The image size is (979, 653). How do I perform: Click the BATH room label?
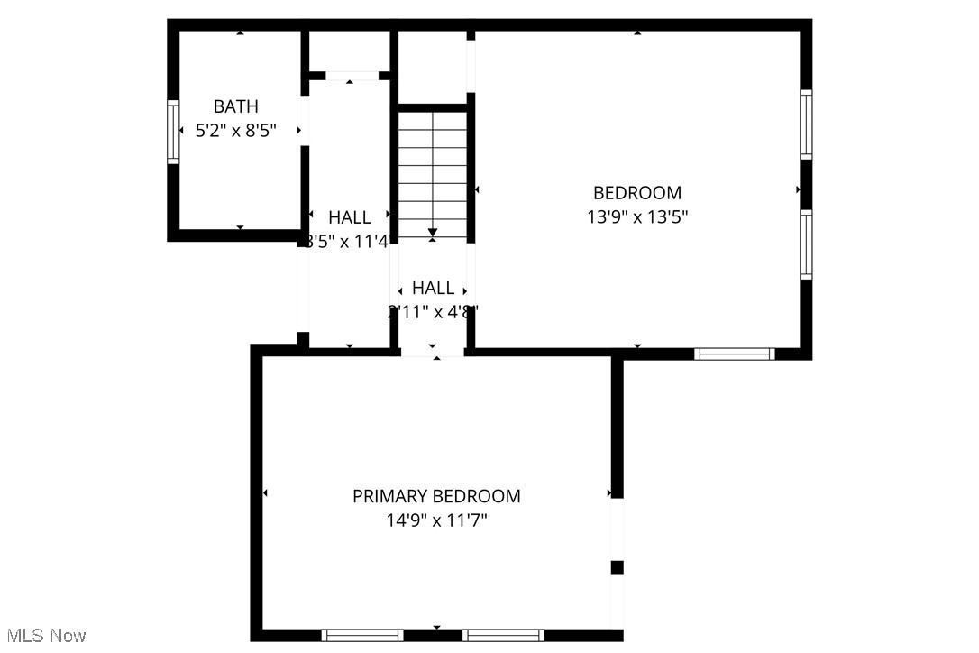[235, 107]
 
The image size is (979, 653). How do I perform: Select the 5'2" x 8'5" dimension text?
[235, 131]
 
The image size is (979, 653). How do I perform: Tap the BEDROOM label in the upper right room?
[636, 193]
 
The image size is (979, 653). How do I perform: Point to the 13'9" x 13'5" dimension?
[636, 216]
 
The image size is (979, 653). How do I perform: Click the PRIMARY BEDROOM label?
[436, 496]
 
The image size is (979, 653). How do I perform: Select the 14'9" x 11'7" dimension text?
[436, 520]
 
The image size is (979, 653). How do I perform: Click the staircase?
[433, 171]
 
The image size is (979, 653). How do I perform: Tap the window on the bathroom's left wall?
[173, 132]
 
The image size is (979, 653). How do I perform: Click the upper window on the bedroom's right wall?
[806, 124]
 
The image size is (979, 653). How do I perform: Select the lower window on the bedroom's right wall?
[806, 244]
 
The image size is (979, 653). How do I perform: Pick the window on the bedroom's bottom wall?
[735, 354]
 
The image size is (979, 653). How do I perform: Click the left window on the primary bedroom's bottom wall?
[362, 635]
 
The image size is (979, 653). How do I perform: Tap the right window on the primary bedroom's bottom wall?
[503, 635]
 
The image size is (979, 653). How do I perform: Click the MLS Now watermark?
[43, 636]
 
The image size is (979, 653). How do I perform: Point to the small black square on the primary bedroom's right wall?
[618, 567]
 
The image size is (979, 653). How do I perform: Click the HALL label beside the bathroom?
[349, 217]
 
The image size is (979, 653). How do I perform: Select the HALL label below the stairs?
[433, 289]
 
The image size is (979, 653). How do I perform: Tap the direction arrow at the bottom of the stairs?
[433, 234]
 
